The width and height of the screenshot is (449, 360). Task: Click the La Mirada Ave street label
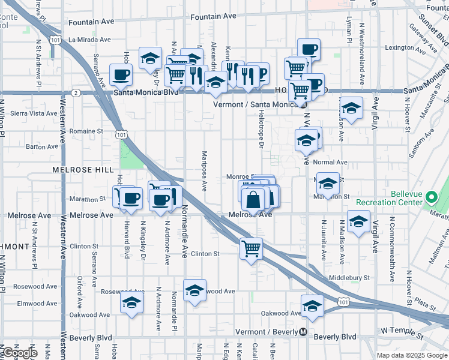coord(89,40)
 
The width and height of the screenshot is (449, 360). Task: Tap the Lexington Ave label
coord(399,47)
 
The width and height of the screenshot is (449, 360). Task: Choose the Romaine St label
coord(82,131)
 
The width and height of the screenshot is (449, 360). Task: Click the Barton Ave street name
coord(42,146)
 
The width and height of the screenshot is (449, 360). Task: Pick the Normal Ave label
coord(331,162)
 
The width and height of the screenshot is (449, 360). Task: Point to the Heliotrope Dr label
coord(262,132)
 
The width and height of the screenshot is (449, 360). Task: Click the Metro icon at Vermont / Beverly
coord(304,332)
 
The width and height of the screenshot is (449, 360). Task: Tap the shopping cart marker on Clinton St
coord(252,248)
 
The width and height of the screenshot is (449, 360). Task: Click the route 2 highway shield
coord(76,92)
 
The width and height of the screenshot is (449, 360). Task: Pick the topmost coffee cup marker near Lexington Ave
coord(309,49)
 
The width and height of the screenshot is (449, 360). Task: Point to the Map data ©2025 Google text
coord(412,355)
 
